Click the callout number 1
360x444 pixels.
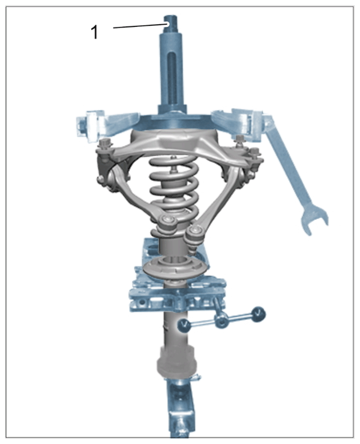pyautogui.click(x=94, y=32)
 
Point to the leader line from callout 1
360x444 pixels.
pyautogui.click(x=141, y=26)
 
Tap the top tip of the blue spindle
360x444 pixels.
pyautogui.click(x=170, y=16)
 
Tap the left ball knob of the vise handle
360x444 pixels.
pyautogui.click(x=184, y=325)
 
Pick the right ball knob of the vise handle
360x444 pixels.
pyautogui.click(x=259, y=313)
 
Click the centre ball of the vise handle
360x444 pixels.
pyautogui.click(x=222, y=321)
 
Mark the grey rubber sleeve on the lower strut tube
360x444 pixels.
pyautogui.click(x=175, y=361)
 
